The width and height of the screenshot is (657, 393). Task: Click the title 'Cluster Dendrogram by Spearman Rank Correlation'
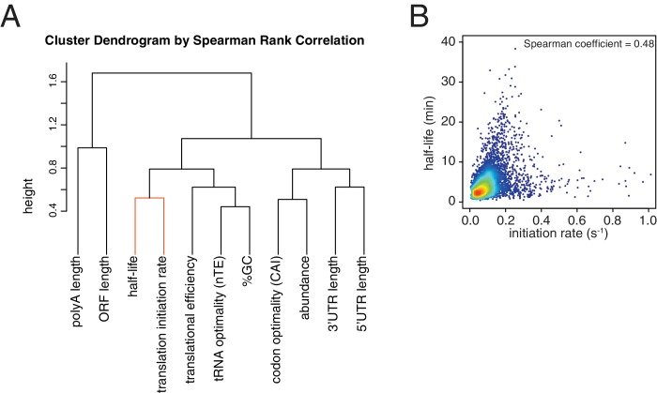pyautogui.click(x=205, y=40)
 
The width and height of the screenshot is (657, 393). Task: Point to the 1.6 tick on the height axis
pyautogui.click(x=52, y=82)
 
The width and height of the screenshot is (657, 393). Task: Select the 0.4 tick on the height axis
pyautogui.click(x=52, y=211)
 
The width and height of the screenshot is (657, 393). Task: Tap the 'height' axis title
pyautogui.click(x=28, y=196)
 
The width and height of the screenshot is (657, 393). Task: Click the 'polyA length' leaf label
pyautogui.click(x=78, y=292)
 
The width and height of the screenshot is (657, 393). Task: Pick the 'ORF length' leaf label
pyautogui.click(x=105, y=288)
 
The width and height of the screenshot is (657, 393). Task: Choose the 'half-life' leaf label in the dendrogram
pyautogui.click(x=133, y=277)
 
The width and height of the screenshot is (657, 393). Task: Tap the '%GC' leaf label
pyautogui.click(x=247, y=271)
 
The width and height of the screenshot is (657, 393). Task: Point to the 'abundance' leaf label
pyautogui.click(x=305, y=288)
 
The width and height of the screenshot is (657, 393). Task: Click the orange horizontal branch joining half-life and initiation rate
pyautogui.click(x=149, y=198)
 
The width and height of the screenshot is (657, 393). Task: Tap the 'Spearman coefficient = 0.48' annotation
pyautogui.click(x=588, y=44)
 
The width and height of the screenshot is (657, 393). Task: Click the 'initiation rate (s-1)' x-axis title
pyautogui.click(x=558, y=234)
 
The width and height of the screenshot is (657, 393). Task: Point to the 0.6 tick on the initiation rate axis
pyautogui.click(x=577, y=220)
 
